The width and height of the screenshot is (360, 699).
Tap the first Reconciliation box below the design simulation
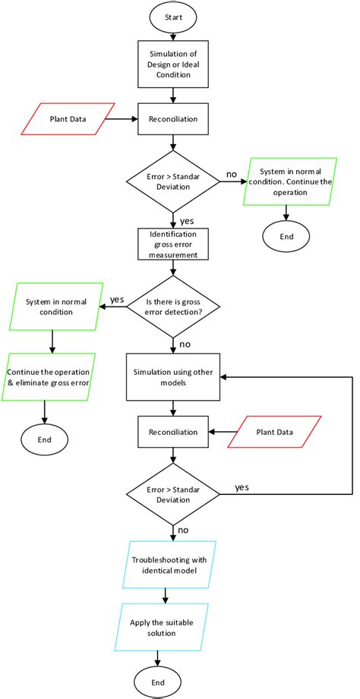click(x=174, y=118)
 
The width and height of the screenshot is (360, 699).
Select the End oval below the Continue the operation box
click(x=286, y=235)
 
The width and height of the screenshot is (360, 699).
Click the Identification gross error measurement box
click(x=174, y=244)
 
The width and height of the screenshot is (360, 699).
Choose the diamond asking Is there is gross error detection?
click(x=174, y=307)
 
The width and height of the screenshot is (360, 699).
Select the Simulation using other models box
click(x=174, y=377)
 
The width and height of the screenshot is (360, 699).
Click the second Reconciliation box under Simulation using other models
click(x=174, y=432)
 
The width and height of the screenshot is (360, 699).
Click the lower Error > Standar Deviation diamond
click(x=174, y=495)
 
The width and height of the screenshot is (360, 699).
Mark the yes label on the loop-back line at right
click(x=242, y=486)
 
